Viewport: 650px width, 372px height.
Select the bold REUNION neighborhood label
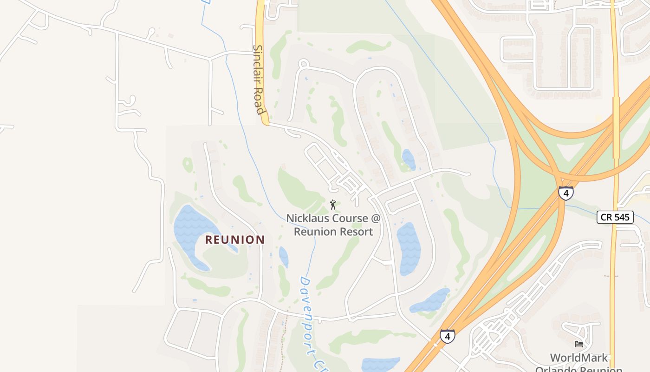coord(235,239)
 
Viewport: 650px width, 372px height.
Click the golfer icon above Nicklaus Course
coord(332,204)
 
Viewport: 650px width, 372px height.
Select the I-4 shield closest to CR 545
coord(565,193)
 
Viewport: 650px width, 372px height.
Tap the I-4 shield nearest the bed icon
coord(447,336)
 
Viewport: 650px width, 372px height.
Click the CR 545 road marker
coord(615,217)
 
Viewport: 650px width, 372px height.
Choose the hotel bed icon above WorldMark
coord(579,344)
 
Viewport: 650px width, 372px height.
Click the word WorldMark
coord(578,358)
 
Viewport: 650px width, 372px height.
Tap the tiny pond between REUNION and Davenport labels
coord(283,256)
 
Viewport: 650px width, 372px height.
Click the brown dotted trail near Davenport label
coord(284,335)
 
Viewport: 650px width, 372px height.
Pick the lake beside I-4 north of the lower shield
coord(431,301)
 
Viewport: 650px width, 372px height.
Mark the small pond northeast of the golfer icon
coord(409,159)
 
